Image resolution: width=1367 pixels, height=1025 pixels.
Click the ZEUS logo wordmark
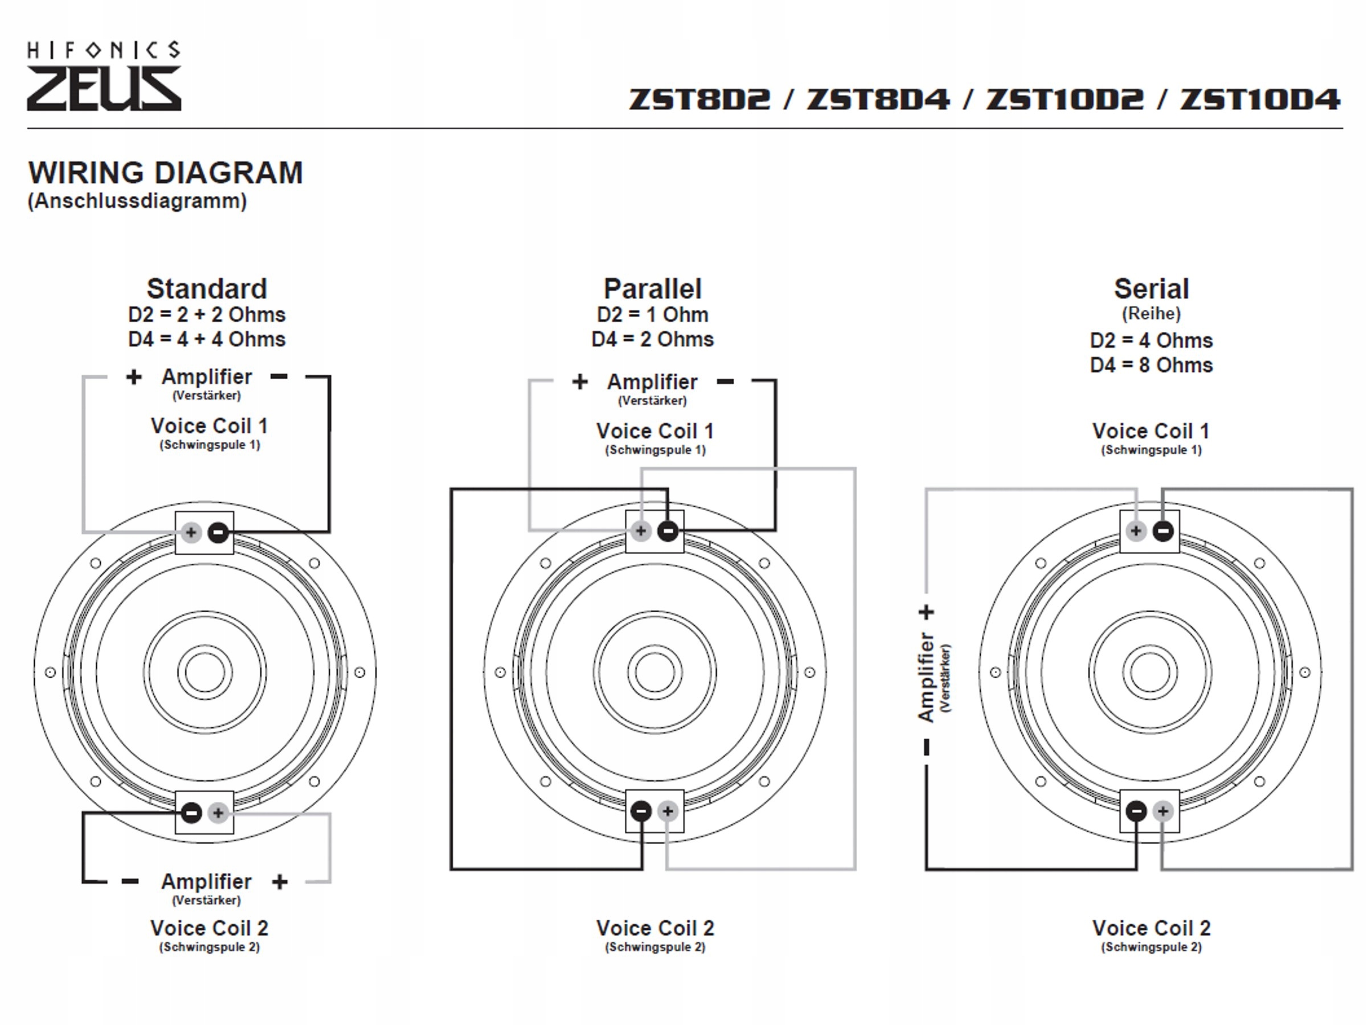104,89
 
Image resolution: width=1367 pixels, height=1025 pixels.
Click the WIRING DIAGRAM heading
166,173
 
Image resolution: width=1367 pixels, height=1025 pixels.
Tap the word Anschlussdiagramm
137,202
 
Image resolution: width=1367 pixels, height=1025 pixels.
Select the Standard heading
206,289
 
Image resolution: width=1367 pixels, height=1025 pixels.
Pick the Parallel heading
653,289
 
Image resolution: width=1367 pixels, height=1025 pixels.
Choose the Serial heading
1151,289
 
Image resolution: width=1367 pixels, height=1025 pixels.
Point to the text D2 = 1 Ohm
653,314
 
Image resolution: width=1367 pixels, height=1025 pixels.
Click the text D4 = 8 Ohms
1151,365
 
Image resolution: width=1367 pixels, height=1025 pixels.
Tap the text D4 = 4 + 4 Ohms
206,339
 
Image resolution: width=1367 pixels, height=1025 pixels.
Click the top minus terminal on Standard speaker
218,532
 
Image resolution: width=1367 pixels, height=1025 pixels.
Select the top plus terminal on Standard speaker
191,532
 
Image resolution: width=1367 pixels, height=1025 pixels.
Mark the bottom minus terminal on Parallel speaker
641,811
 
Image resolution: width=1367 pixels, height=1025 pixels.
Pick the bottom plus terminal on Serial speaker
1163,811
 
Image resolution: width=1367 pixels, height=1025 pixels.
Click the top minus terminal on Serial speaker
1163,531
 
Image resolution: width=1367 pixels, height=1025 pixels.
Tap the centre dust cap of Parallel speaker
654,672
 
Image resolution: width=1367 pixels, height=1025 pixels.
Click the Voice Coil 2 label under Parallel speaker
655,928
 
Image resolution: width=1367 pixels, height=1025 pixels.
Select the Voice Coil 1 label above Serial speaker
1151,430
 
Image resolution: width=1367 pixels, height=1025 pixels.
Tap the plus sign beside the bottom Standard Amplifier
280,881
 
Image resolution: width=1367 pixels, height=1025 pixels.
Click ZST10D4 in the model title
1259,100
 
